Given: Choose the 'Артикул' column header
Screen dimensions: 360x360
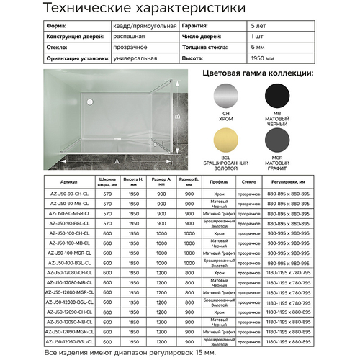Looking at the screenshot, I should point(70,183).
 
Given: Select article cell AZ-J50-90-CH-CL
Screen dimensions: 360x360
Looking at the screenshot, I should point(70,194).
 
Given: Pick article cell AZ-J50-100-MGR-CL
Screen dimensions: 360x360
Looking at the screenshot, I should point(70,253).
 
